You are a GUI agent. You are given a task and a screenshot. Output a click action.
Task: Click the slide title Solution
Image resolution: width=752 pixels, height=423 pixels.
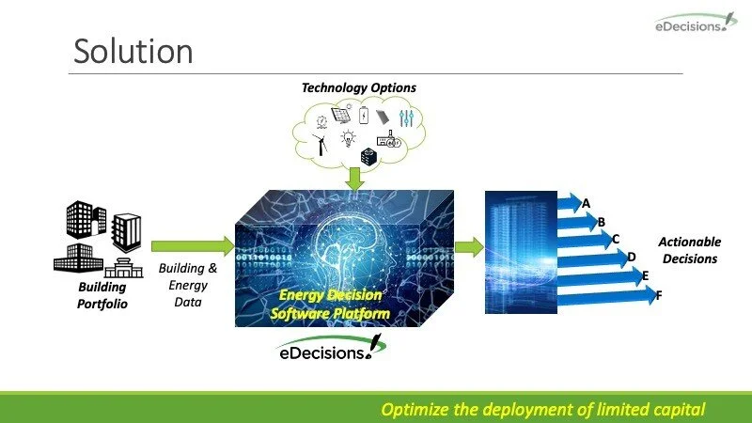click(x=133, y=51)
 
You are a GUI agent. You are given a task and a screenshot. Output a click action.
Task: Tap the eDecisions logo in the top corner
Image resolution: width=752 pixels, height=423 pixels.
click(x=696, y=23)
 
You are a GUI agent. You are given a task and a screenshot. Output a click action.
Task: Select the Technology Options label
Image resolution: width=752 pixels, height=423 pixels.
click(x=359, y=87)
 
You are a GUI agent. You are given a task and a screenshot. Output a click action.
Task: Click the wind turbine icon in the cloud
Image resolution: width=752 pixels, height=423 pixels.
click(x=321, y=145)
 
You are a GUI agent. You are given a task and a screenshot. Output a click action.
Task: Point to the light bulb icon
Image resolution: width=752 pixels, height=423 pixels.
click(x=348, y=138)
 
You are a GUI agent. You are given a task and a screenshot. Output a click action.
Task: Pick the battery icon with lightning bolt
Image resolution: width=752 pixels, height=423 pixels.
click(x=364, y=116)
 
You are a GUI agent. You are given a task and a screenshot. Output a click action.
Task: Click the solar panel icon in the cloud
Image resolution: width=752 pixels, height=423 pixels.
click(x=341, y=115)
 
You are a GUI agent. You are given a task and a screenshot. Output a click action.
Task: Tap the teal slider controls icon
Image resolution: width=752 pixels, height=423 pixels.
click(x=406, y=118)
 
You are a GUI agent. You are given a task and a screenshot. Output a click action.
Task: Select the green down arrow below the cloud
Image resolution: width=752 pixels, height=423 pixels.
click(x=354, y=179)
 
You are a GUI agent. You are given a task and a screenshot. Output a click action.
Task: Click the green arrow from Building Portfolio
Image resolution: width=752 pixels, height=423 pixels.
click(x=193, y=246)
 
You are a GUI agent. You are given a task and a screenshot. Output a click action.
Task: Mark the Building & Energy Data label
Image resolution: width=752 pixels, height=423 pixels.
click(x=188, y=285)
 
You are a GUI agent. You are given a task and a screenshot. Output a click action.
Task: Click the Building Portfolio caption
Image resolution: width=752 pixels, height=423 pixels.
click(x=102, y=295)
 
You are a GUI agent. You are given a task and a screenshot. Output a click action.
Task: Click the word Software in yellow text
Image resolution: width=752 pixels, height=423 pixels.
click(x=299, y=314)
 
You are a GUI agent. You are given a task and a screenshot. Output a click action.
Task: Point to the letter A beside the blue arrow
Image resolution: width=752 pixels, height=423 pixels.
click(x=586, y=204)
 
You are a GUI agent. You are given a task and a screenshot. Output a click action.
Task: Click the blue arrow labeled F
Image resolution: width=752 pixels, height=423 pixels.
click(x=606, y=296)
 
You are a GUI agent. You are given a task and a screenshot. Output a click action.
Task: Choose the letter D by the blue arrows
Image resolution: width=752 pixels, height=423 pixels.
click(x=632, y=258)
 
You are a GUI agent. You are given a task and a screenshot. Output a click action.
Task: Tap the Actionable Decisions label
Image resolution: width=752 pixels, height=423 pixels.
click(x=690, y=250)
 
